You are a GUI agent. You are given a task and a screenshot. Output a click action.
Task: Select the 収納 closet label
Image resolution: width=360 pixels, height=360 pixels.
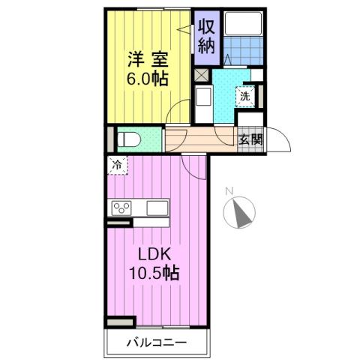tap(207, 36)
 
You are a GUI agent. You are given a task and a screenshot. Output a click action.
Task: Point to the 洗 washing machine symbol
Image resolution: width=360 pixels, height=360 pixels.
tap(244, 95)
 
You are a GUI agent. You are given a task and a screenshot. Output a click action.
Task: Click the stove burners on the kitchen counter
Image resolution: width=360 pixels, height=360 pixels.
tap(122, 208)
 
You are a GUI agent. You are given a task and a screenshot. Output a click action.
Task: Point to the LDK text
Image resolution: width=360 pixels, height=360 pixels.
tap(149, 253)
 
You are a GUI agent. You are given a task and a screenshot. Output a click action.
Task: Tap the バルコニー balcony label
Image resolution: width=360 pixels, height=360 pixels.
tap(154, 343)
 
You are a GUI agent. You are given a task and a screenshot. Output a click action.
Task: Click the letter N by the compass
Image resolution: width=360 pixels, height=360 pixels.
tap(232, 190)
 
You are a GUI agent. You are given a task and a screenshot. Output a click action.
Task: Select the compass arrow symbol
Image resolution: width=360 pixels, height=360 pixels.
tap(241, 213)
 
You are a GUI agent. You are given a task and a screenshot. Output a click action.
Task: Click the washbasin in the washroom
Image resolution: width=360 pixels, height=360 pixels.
tap(202, 97)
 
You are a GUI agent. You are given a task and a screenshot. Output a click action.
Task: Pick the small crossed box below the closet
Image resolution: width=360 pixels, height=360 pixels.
tap(200, 75)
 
